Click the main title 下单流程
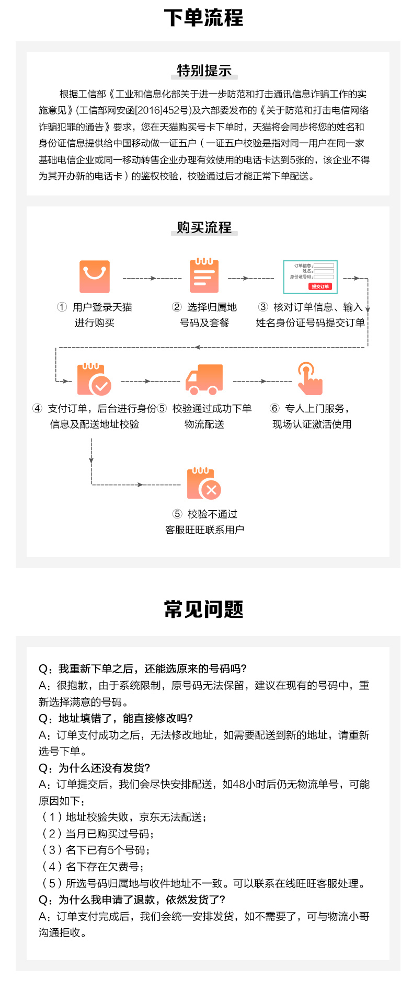tap(203, 18)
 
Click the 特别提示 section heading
tap(204, 71)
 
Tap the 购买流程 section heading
tap(204, 227)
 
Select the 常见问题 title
tap(203, 609)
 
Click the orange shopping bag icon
tap(95, 276)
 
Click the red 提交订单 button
tap(320, 286)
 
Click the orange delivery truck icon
tap(204, 379)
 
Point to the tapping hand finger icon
tap(309, 378)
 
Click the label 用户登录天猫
tap(102, 307)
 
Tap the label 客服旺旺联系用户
tap(204, 530)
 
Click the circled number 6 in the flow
tap(274, 408)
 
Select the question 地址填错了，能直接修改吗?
tap(116, 718)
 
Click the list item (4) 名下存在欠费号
tap(93, 867)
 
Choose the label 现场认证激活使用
tap(312, 424)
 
